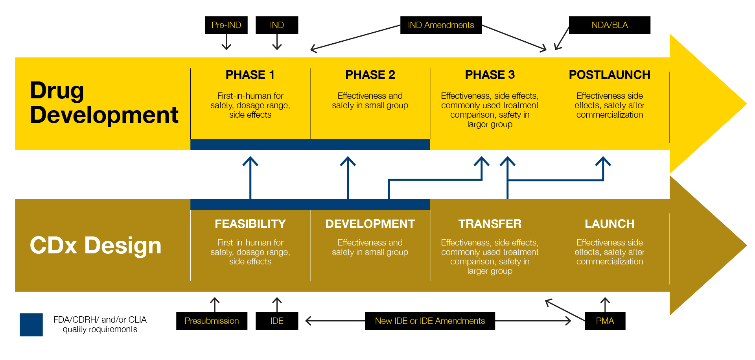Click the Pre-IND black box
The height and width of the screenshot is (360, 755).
(x=226, y=25)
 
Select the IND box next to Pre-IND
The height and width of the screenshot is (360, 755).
(x=277, y=25)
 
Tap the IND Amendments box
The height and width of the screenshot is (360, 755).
(x=441, y=25)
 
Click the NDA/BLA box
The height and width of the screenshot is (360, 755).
(x=610, y=25)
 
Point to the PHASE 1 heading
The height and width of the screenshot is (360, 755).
(x=250, y=75)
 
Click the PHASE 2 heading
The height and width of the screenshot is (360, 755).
(x=370, y=75)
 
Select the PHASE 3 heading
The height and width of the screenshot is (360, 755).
(x=490, y=75)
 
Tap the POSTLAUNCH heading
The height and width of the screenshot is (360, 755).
(x=610, y=75)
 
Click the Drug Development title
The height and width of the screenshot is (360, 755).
(x=104, y=102)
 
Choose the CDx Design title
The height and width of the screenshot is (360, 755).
(x=96, y=246)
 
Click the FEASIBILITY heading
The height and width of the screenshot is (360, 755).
(x=250, y=224)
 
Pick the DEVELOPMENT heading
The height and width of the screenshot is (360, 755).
(x=370, y=224)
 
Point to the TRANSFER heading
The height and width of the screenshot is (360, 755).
(x=490, y=224)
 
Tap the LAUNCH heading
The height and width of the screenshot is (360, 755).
(x=610, y=224)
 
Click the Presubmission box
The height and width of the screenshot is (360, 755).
(x=212, y=321)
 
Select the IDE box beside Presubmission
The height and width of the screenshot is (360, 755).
(x=277, y=321)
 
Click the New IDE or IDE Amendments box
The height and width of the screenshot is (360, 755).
(x=430, y=321)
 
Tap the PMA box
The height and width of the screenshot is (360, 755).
(x=605, y=321)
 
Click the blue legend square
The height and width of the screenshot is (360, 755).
(x=31, y=325)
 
